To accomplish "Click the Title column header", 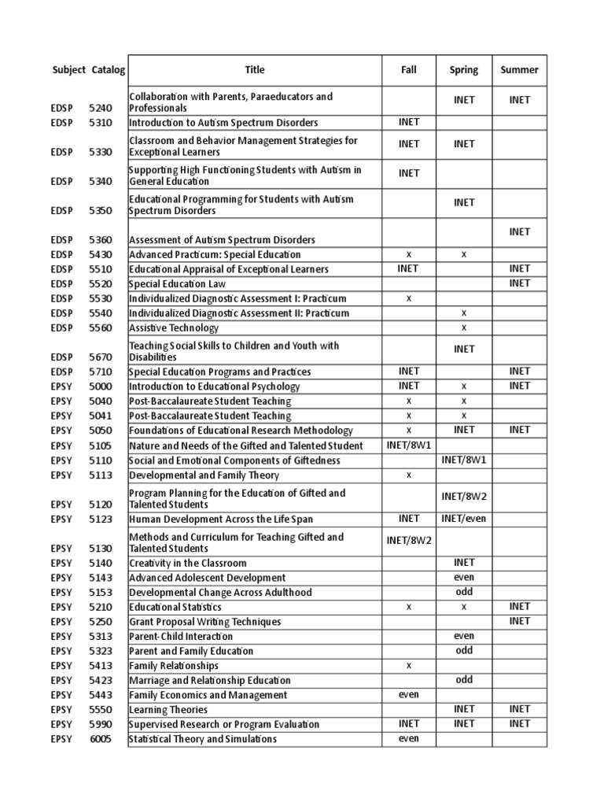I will tap(255, 70).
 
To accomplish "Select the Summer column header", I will tap(519, 70).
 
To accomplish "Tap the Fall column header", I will tap(409, 70).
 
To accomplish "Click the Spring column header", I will tap(464, 70).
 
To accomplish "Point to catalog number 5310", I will tap(101, 124).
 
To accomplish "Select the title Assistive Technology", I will tap(174, 328).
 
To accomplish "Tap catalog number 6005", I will tap(101, 739).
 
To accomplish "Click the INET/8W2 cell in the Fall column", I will tap(409, 539).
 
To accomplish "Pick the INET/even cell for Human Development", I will tap(464, 518).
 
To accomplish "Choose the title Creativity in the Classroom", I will tap(188, 564).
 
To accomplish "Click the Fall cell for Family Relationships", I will tap(409, 665).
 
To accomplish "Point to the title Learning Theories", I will tap(168, 710).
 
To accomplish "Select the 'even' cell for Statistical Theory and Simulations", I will tap(409, 738).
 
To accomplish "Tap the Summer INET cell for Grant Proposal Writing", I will tap(519, 621).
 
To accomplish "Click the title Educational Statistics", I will tap(175, 608).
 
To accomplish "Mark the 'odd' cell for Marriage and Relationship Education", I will tap(464, 679).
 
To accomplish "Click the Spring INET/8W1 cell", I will tap(464, 460).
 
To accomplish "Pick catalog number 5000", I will tap(101, 387).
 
